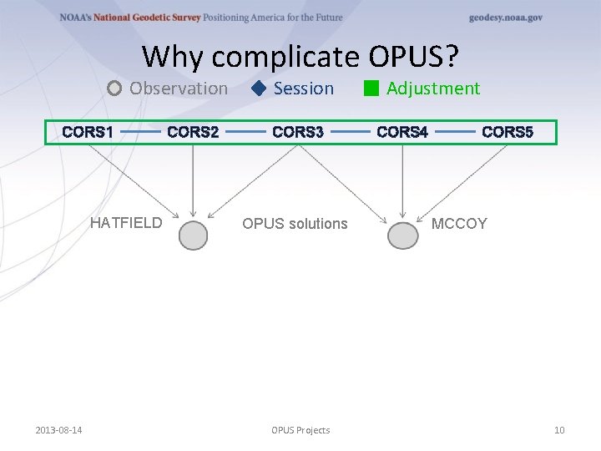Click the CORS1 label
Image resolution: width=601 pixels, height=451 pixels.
(88, 132)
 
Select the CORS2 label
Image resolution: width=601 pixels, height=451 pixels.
(193, 132)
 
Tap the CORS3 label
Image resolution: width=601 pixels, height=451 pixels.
(298, 132)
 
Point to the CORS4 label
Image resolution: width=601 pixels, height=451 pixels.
(402, 132)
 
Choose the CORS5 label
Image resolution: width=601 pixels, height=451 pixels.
(508, 132)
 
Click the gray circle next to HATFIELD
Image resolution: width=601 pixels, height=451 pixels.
(194, 236)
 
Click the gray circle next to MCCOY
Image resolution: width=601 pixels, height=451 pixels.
(403, 236)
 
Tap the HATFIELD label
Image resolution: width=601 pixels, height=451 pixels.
(126, 223)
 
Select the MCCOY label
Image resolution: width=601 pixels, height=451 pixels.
(459, 223)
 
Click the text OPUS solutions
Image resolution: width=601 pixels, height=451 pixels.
(295, 223)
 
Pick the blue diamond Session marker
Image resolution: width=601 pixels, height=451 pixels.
(259, 89)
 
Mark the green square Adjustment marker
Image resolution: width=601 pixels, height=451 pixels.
(371, 89)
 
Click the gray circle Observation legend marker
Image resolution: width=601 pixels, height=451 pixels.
(115, 89)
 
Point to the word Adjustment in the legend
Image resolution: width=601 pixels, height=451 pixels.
(433, 89)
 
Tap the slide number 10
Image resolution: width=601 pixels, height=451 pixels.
(559, 430)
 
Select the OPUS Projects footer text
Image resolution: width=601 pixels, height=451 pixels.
(300, 430)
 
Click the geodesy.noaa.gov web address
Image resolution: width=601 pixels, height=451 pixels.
(506, 18)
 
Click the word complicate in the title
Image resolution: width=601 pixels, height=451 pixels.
(286, 57)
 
